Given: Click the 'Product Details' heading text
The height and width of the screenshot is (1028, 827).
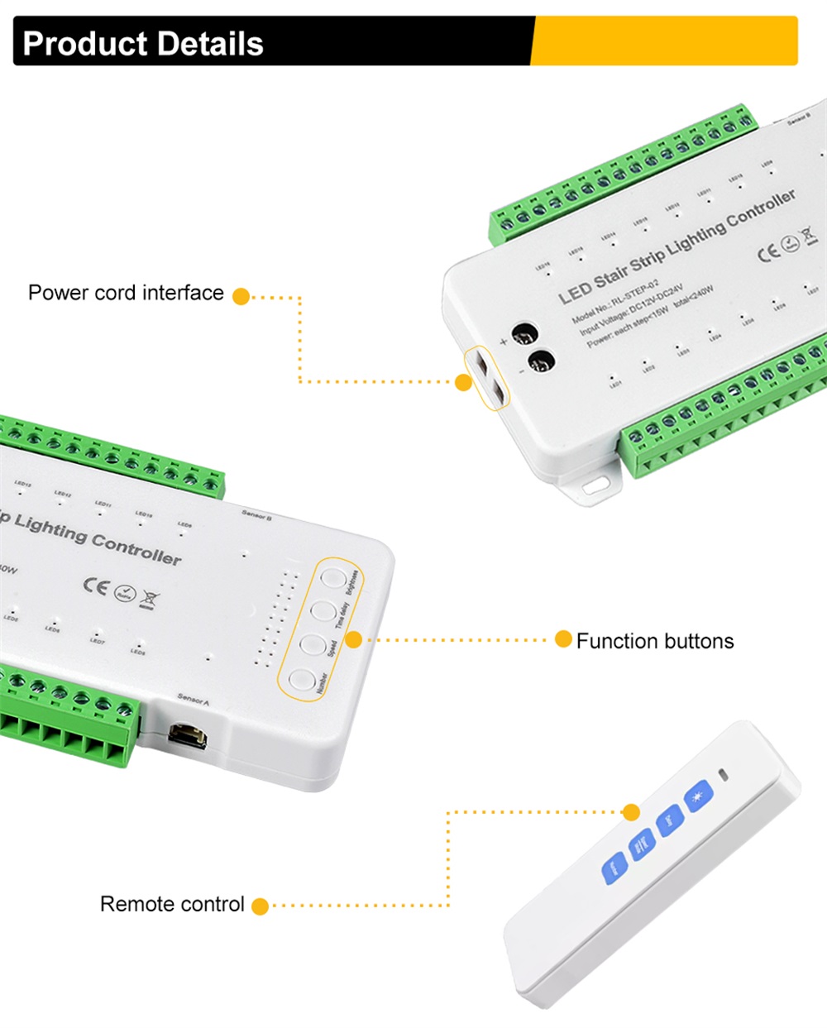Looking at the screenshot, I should (x=143, y=43).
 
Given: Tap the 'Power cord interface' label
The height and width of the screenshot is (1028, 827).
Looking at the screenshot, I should (x=126, y=293).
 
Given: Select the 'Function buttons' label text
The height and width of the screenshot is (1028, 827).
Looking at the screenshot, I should (x=654, y=641).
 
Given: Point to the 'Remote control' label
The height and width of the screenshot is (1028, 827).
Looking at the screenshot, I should (x=172, y=904).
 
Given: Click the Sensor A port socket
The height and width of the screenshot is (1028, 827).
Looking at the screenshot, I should (x=187, y=734).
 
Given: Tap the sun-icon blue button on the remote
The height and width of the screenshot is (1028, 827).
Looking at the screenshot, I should (x=698, y=796).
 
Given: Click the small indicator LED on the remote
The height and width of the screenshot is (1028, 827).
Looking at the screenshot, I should (x=725, y=776).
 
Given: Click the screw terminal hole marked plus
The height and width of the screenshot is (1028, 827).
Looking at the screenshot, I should (x=523, y=335).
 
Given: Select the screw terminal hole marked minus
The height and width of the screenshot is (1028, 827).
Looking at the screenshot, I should (x=541, y=361).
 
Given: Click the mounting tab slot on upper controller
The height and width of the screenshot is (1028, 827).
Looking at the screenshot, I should (x=594, y=487).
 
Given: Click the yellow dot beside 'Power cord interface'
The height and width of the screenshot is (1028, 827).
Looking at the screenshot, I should (x=241, y=296).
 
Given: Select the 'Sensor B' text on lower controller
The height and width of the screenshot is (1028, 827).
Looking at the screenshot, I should (x=257, y=514).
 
